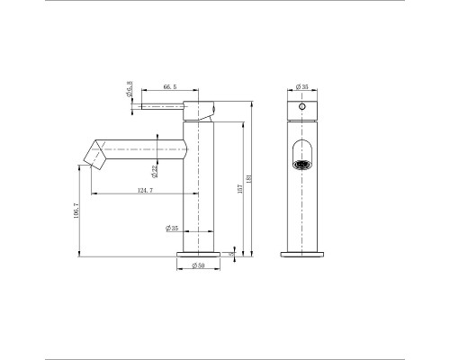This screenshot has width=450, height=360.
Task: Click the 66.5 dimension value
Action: point(170,88)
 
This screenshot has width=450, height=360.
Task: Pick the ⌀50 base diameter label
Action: point(199,266)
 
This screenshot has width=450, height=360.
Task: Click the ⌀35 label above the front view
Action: point(302,87)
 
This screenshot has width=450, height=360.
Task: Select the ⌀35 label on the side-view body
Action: point(172,229)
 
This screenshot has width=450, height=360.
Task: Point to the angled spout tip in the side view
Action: point(94,154)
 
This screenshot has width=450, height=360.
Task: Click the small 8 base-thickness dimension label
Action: point(231,255)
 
